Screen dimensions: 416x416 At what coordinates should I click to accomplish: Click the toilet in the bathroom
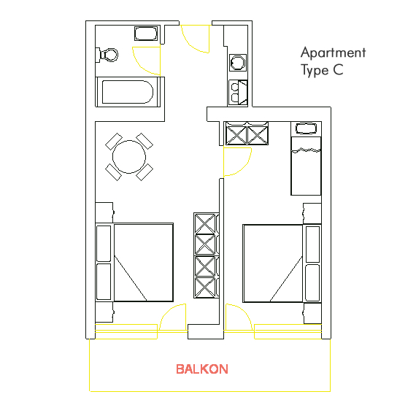click(107, 55)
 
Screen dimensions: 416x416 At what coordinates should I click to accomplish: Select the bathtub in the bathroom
click(128, 92)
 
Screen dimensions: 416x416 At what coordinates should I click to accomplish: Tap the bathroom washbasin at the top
click(146, 34)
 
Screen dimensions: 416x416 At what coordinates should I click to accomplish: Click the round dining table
click(129, 157)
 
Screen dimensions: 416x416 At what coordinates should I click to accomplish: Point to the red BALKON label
click(202, 369)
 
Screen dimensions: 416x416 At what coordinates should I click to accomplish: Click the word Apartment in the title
click(334, 53)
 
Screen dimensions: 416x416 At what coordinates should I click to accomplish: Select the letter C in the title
click(338, 70)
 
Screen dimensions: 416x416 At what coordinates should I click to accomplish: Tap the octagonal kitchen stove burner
click(238, 63)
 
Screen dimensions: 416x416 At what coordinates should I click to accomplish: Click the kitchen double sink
click(238, 93)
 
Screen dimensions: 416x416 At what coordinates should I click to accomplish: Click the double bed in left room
click(134, 263)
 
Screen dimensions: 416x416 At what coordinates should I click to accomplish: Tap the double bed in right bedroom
click(282, 263)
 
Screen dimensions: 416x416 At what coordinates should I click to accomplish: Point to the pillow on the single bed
click(306, 128)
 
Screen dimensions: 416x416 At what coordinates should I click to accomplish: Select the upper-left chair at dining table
click(114, 142)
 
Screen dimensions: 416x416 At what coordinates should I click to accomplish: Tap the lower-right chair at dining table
click(145, 172)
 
